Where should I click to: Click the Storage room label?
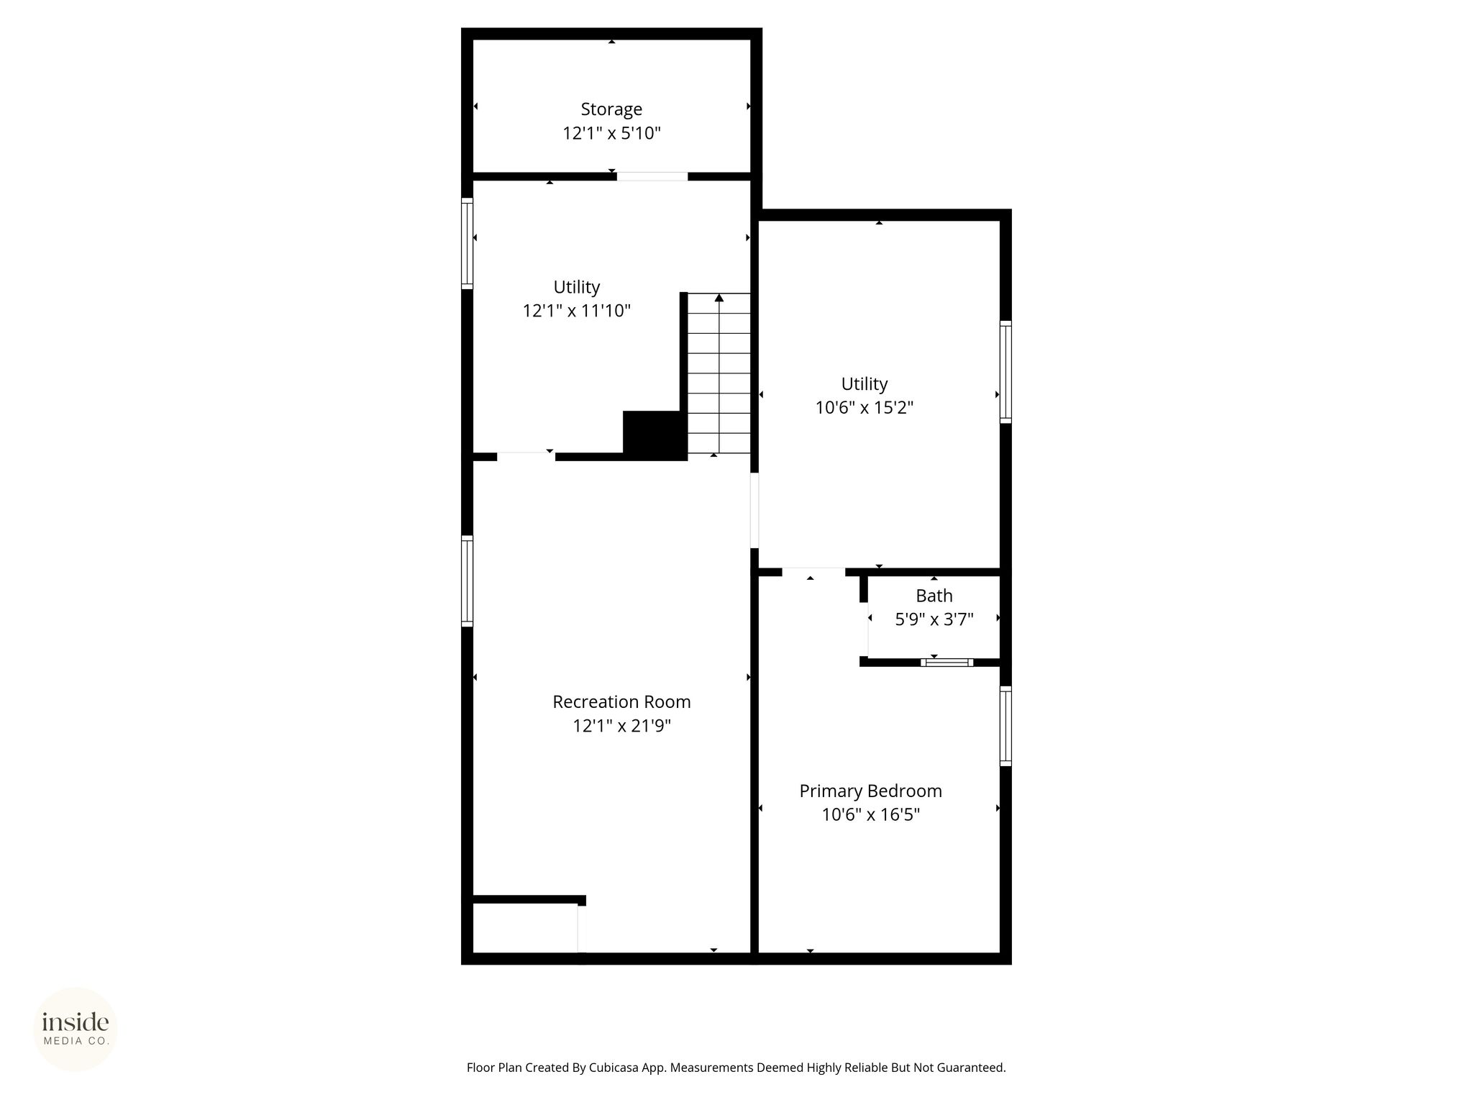[611, 109]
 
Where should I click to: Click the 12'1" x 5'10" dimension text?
[611, 133]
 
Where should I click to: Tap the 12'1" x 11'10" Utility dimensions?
[577, 311]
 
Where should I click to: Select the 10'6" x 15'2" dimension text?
[865, 408]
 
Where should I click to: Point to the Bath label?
[934, 596]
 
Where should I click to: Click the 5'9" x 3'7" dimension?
[934, 619]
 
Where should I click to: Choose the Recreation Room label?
[621, 701]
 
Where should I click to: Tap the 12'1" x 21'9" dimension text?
[621, 726]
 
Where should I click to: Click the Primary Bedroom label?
[871, 791]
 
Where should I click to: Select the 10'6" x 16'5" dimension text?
[871, 815]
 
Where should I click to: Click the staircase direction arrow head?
[719, 298]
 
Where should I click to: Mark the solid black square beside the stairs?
[655, 435]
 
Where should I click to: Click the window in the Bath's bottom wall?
[947, 663]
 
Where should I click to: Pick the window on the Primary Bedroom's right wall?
[1005, 726]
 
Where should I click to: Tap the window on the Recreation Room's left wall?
[467, 581]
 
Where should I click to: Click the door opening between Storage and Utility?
[652, 176]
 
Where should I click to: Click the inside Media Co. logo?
[76, 1029]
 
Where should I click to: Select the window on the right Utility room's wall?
[1005, 372]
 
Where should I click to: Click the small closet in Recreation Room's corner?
[525, 928]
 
